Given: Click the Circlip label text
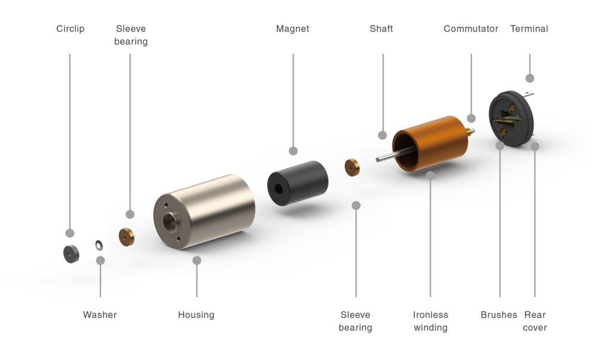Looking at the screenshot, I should click(x=71, y=29).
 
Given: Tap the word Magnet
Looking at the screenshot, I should click(x=292, y=29).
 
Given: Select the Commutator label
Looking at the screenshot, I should click(x=470, y=29).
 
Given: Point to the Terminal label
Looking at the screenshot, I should click(x=529, y=29).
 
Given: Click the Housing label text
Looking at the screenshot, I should click(x=196, y=315).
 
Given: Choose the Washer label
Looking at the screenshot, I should click(x=100, y=315).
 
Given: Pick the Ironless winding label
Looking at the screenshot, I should click(x=430, y=321).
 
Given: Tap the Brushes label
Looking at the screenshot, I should click(x=498, y=315).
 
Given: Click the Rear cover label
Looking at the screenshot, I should click(x=535, y=321).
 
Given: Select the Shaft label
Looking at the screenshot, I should click(x=381, y=29).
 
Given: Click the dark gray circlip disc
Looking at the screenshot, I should click(x=71, y=254).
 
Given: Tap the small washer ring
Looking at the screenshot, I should click(x=99, y=245).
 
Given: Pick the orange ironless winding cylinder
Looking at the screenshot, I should click(x=431, y=144).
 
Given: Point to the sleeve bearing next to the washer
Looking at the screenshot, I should click(x=127, y=237).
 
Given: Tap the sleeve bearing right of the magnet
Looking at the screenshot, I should click(x=352, y=167).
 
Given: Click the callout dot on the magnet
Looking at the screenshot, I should click(x=293, y=151).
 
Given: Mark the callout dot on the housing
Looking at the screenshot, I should click(x=197, y=260).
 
